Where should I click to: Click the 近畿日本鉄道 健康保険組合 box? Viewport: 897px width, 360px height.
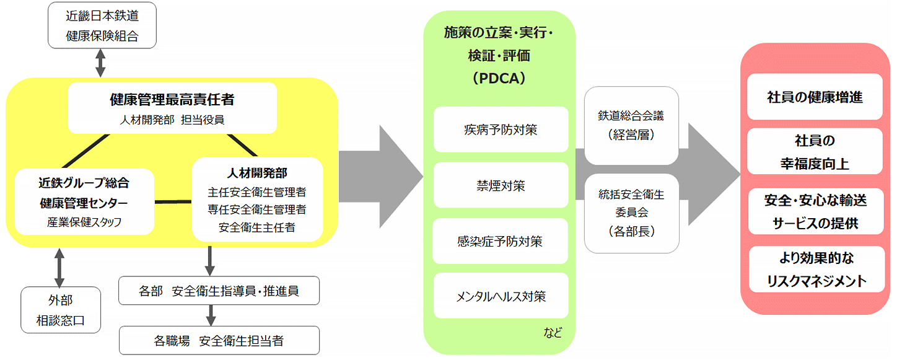(x=102, y=26)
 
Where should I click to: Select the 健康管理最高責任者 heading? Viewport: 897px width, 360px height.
(x=172, y=99)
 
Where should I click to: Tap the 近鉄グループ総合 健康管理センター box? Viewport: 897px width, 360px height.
(x=84, y=202)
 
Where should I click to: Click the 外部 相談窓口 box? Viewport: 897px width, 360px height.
(x=60, y=310)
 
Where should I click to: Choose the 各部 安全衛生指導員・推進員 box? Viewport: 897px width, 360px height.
(x=219, y=290)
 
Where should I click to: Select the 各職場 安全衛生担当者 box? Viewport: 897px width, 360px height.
(x=219, y=340)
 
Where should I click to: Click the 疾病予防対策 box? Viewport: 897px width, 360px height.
(x=501, y=130)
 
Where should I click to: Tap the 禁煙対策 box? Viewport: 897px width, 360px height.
(x=501, y=185)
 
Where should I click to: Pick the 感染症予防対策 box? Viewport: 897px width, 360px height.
(x=501, y=240)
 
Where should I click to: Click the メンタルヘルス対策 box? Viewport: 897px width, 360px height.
(x=501, y=296)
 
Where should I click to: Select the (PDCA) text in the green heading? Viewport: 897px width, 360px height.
(x=499, y=79)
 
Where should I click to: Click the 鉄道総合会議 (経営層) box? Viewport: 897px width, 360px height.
(x=631, y=125)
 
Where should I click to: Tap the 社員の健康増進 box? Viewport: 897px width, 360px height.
(x=815, y=97)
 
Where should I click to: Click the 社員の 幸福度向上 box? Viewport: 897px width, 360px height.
(x=815, y=151)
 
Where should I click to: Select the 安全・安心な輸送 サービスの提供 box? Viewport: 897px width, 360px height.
(x=815, y=211)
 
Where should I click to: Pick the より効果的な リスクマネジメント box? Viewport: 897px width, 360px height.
(x=815, y=269)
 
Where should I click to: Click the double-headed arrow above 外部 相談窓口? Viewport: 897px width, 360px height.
(x=59, y=267)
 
